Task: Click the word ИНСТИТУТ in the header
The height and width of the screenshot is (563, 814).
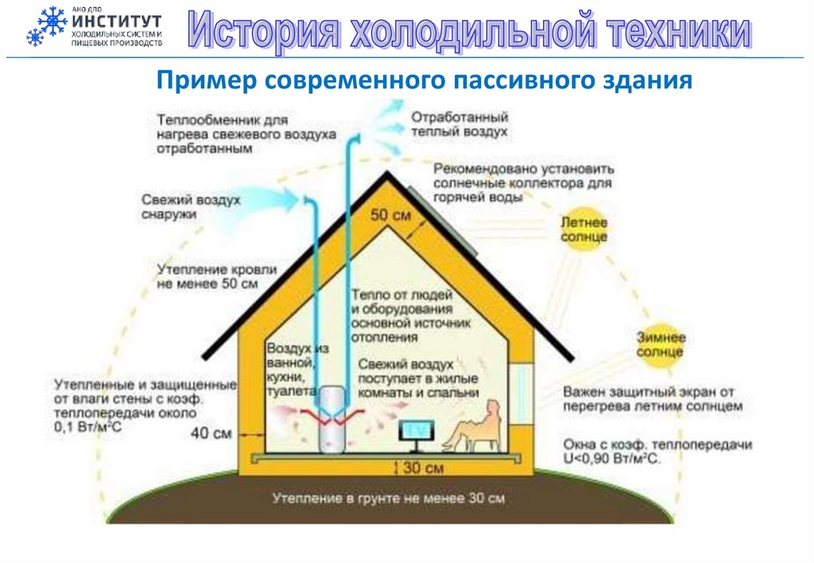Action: [x=116, y=20]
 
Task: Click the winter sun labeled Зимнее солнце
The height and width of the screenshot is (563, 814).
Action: [x=659, y=343]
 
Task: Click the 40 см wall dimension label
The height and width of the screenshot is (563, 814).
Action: [x=212, y=433]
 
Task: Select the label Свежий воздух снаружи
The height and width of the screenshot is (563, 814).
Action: [x=191, y=207]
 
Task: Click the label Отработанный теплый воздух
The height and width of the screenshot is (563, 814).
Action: [x=459, y=124]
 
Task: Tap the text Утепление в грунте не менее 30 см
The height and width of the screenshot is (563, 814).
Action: [x=389, y=499]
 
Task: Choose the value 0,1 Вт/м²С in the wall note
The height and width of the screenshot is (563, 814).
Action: [x=91, y=428]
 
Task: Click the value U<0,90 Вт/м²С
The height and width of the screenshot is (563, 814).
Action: [x=612, y=459]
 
